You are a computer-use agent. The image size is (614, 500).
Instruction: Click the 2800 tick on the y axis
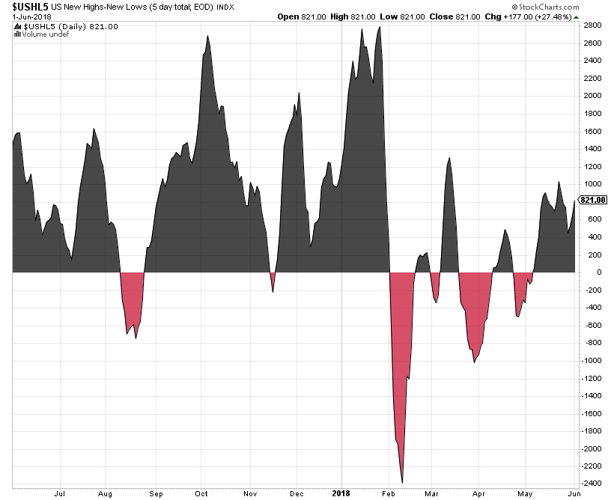[x=592, y=25]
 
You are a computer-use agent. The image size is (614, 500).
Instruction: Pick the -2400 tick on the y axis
[x=592, y=484]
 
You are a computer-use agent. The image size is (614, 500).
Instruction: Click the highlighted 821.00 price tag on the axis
[x=593, y=200]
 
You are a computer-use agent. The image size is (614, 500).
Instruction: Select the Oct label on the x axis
[x=201, y=494]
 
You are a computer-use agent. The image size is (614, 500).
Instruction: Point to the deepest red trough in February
[x=403, y=482]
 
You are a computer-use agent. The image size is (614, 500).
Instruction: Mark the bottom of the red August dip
[x=136, y=338]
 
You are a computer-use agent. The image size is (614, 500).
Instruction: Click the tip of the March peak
[x=449, y=158]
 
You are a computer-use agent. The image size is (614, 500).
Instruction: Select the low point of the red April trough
[x=474, y=362]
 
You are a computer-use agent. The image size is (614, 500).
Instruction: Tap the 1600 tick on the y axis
[x=592, y=131]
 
